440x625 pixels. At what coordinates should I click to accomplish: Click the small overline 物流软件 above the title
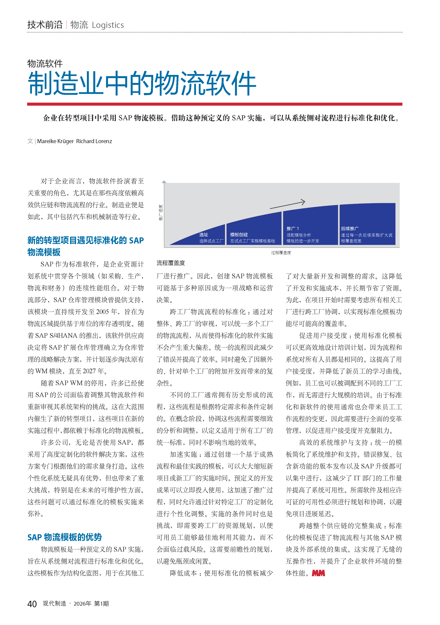pyautogui.click(x=45, y=64)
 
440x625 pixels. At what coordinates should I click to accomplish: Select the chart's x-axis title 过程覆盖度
pyautogui.click(x=281, y=253)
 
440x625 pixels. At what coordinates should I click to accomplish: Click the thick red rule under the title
pyautogui.click(x=215, y=104)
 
